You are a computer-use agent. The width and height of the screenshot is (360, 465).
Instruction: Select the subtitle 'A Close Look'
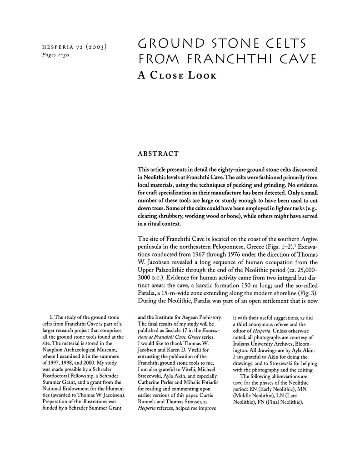pyautogui.click(x=177, y=75)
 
